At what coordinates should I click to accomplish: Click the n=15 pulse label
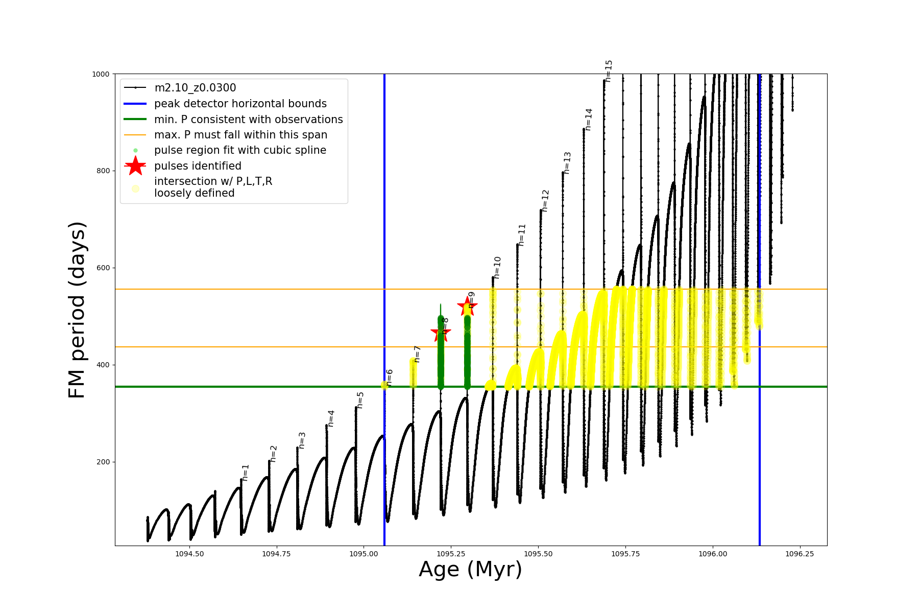click(x=609, y=70)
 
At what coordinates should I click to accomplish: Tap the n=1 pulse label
click(x=246, y=473)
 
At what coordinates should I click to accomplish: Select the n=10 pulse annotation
click(x=497, y=267)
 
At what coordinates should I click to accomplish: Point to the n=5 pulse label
click(x=360, y=400)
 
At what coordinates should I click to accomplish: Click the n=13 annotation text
click(x=567, y=163)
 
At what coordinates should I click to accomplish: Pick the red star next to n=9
click(x=467, y=306)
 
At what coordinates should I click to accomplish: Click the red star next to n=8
click(x=441, y=333)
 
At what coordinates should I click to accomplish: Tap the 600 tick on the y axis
click(x=104, y=268)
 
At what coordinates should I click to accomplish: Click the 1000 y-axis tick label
click(x=101, y=74)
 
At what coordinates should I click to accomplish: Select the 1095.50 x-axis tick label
click(x=538, y=554)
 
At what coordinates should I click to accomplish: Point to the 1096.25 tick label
click(x=800, y=554)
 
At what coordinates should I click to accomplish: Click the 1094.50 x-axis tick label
click(x=189, y=554)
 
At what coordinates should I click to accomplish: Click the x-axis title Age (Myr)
click(x=470, y=570)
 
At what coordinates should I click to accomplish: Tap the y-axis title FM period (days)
click(x=77, y=310)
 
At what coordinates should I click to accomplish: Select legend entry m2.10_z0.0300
click(x=195, y=88)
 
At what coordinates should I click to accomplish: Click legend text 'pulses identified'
click(x=198, y=166)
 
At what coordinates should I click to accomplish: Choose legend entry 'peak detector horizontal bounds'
click(x=240, y=104)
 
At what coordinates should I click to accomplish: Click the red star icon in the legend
click(x=135, y=166)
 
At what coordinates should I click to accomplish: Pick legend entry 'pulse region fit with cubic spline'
click(x=240, y=150)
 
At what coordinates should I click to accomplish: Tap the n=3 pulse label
click(x=302, y=440)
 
